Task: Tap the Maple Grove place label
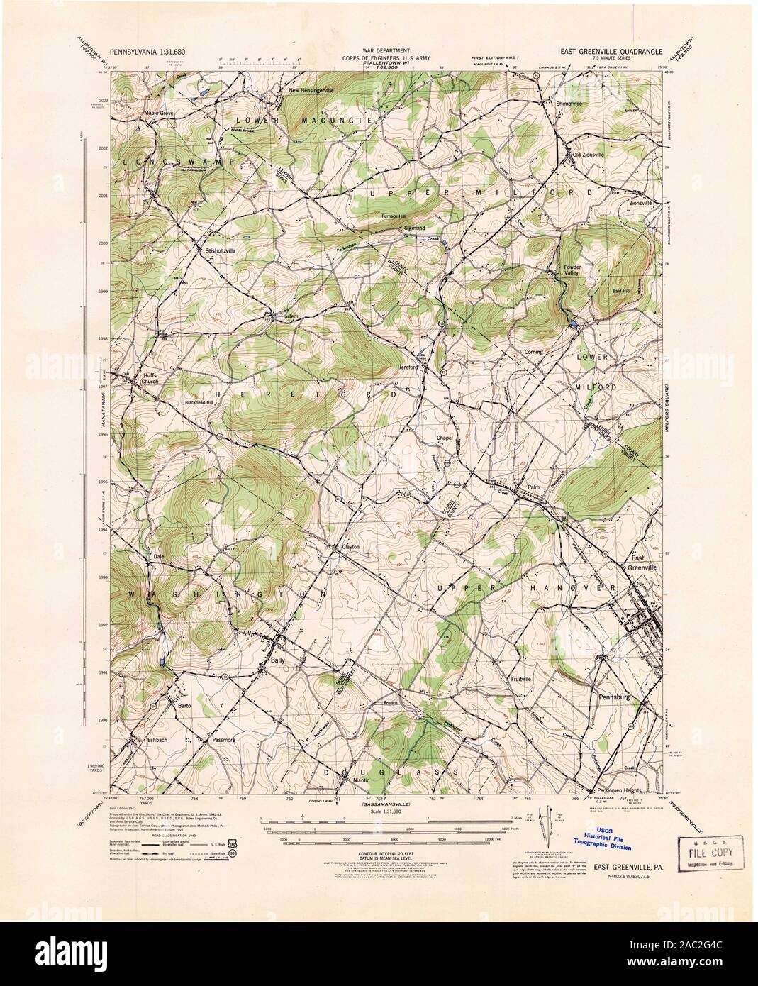point(159,113)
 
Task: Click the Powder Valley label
point(572,270)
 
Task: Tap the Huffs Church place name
point(150,379)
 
